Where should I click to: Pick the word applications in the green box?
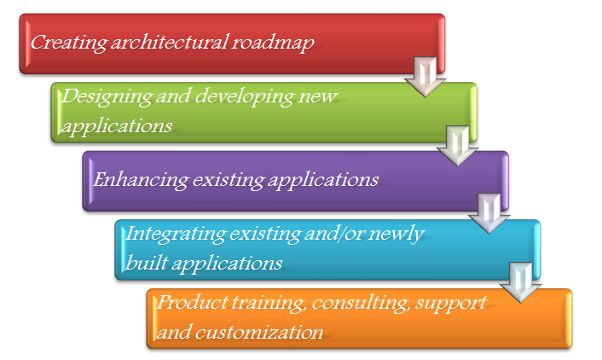[x=118, y=125]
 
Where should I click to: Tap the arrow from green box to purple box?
[x=454, y=145]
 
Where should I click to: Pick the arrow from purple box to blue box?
[x=487, y=213]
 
